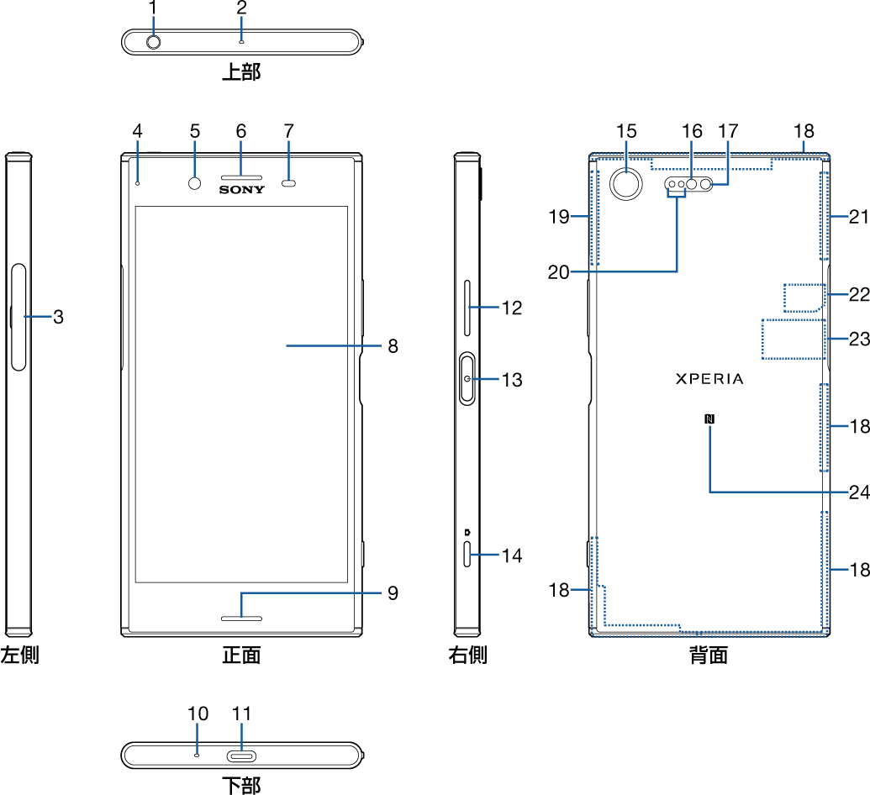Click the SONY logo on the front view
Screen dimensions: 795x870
tap(242, 190)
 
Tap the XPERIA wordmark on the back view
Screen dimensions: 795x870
tap(709, 379)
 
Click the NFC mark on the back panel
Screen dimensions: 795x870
tap(709, 418)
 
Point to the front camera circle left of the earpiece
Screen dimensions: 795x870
tap(195, 183)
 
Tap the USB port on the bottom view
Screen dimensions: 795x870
tap(241, 754)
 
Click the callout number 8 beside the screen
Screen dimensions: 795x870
tap(393, 345)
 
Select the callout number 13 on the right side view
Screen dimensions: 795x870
tap(512, 380)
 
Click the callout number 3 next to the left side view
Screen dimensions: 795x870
tap(58, 317)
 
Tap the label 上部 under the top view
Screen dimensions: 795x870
tap(241, 72)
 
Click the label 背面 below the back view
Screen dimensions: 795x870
tap(709, 655)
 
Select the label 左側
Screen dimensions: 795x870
tap(19, 655)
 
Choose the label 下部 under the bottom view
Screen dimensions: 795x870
tap(241, 786)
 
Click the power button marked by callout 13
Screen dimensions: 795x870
tap(467, 380)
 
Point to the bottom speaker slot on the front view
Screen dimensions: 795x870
tap(241, 619)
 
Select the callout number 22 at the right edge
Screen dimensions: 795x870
tap(858, 294)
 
